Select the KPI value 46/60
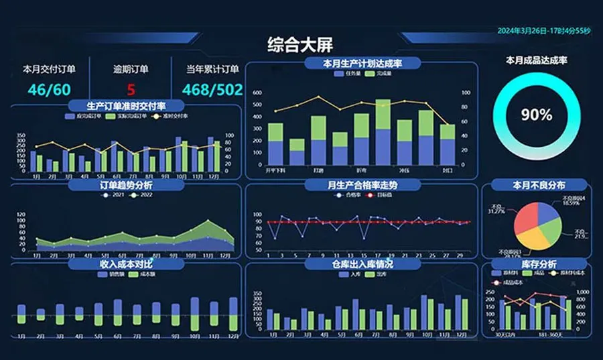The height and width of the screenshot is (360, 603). tap(49, 89)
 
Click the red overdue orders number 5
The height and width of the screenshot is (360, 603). tap(131, 89)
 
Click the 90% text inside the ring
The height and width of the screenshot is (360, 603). tap(537, 115)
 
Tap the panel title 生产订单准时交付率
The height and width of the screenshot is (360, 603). tap(126, 106)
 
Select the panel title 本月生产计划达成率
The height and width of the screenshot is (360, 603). tap(362, 64)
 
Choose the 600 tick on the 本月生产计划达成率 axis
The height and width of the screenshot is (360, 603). tap(257, 93)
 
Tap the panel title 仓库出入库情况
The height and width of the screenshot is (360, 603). tap(362, 265)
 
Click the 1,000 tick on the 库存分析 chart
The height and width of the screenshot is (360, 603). tap(582, 292)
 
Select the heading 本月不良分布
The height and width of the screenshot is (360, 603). tap(539, 184)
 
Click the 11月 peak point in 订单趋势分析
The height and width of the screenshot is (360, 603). tap(207, 221)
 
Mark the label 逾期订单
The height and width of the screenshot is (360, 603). tap(131, 68)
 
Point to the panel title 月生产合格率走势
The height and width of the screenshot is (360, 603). tap(362, 184)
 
